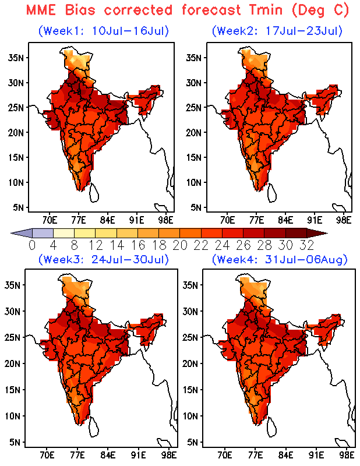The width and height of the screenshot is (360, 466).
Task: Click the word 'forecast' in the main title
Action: tap(211, 10)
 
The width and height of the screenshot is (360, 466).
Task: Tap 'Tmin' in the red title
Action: tap(266, 10)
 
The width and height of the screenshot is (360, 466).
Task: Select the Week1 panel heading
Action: tap(104, 31)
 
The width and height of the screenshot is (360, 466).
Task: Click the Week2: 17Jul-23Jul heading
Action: tap(277, 31)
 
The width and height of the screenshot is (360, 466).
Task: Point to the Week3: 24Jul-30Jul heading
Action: tap(104, 259)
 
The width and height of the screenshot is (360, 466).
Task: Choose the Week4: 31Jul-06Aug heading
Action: tap(280, 259)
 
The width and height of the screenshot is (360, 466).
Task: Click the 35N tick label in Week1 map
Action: tap(16, 57)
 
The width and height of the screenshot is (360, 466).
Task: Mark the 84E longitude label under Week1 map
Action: tap(107, 220)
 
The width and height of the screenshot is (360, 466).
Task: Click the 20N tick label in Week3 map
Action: tap(12, 363)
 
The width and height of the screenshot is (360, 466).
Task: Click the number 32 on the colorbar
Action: tap(307, 245)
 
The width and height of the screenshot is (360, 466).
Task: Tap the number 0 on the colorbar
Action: tap(32, 245)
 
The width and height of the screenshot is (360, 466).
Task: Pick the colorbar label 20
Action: tap(180, 245)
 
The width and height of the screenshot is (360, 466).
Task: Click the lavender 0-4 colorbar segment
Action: tap(43, 233)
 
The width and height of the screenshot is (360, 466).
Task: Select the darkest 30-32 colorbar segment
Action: tap(296, 233)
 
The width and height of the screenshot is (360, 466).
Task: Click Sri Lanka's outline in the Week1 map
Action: tap(95, 192)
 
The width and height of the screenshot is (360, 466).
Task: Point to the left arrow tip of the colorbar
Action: tap(11, 234)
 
